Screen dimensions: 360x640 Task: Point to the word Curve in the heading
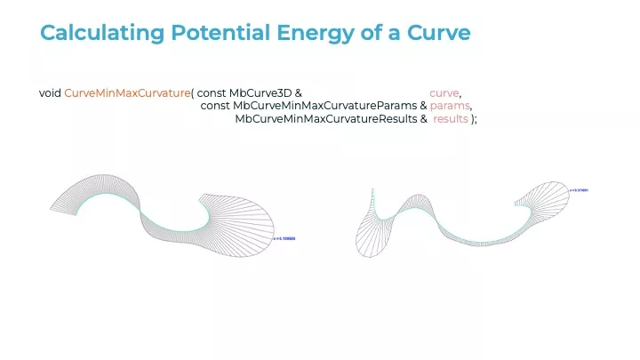[439, 33]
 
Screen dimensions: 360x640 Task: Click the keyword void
[50, 93]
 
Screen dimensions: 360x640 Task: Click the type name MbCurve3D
[261, 93]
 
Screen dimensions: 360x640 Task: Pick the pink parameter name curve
[444, 93]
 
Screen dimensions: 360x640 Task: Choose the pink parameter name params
[450, 107]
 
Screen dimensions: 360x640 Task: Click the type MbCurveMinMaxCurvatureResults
[326, 120]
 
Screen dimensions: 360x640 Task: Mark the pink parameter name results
[451, 120]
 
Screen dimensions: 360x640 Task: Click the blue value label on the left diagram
[284, 238]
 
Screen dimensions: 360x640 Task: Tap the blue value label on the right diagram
[580, 191]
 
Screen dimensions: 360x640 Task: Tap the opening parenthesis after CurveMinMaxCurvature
[193, 93]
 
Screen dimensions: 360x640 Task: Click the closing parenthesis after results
[473, 120]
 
